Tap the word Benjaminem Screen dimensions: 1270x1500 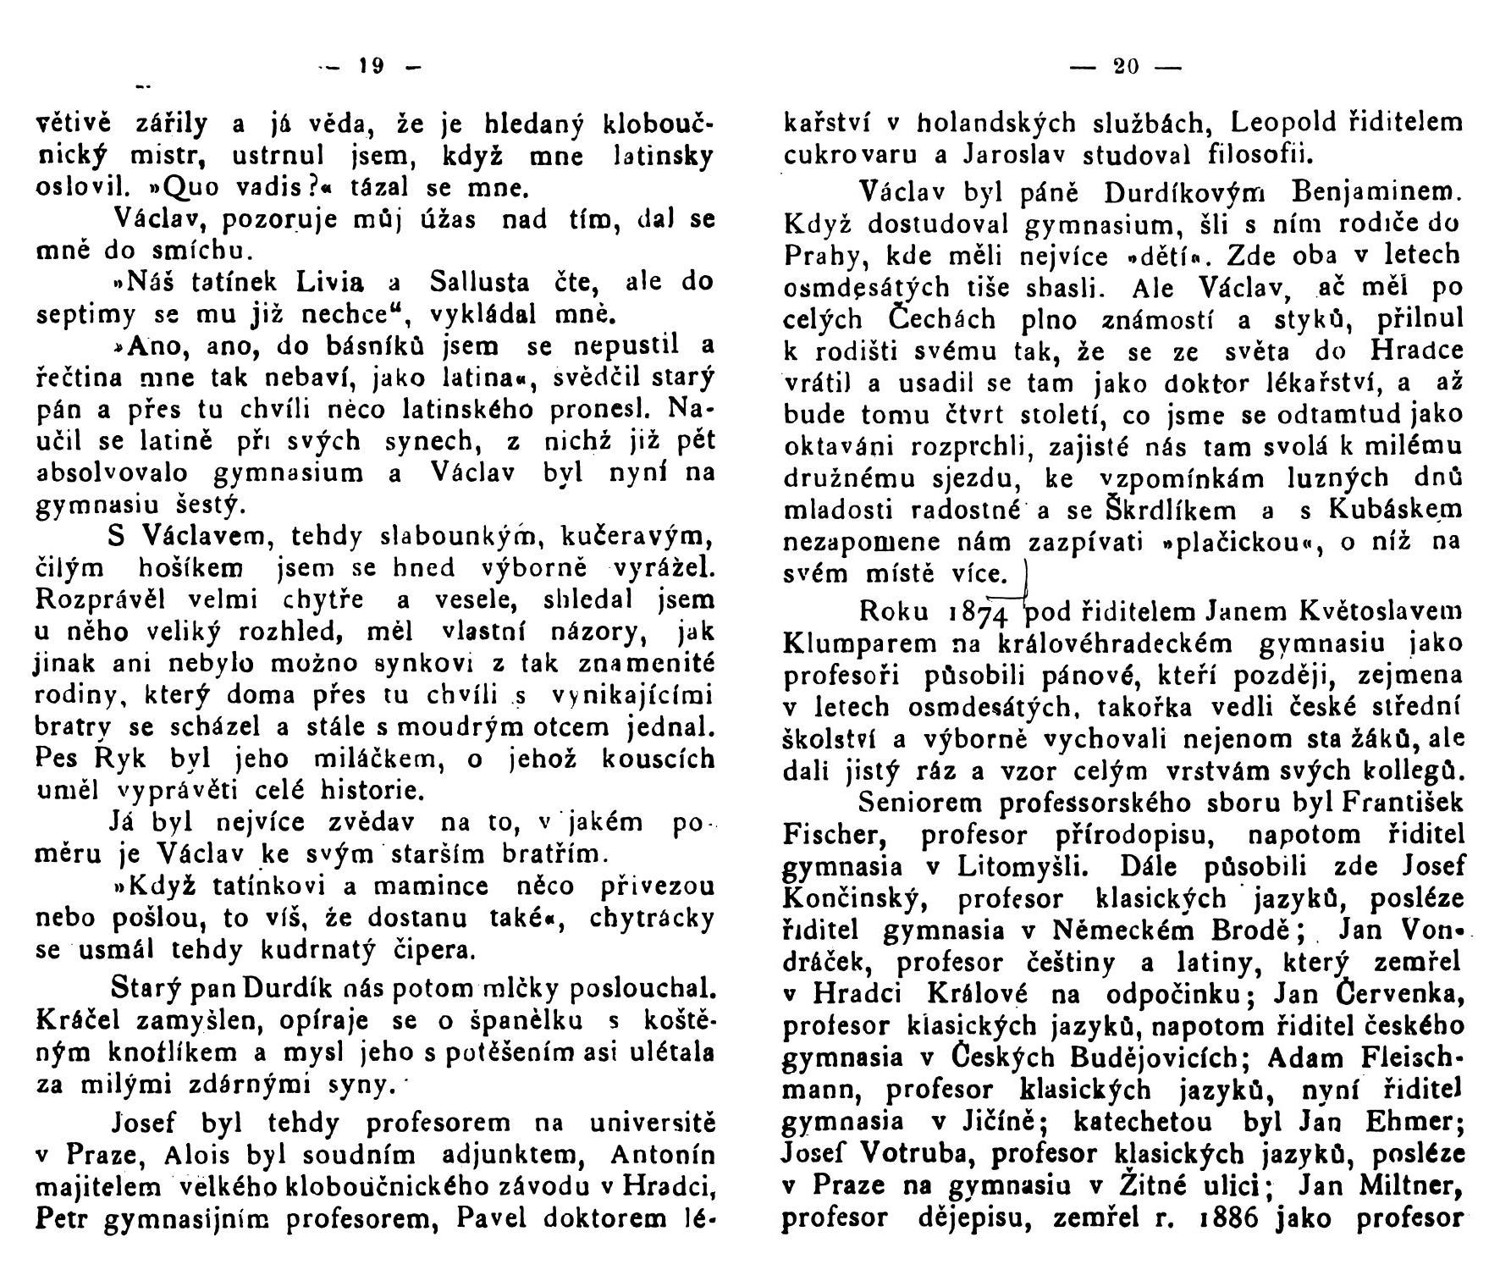1387,193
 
